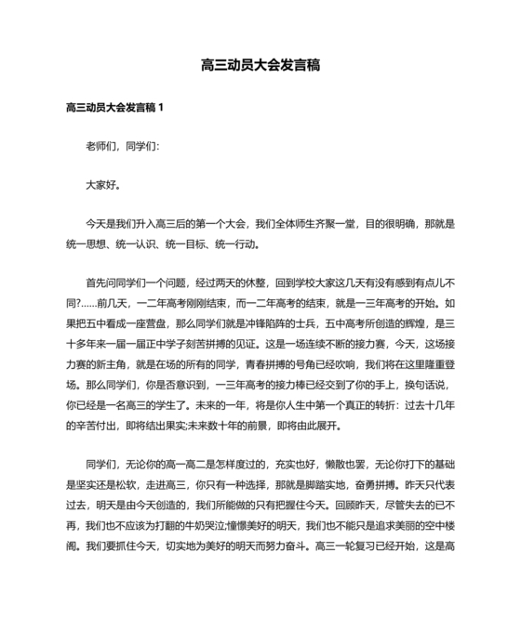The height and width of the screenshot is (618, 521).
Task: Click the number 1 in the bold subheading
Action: click(161, 108)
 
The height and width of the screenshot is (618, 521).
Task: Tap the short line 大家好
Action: click(102, 185)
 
